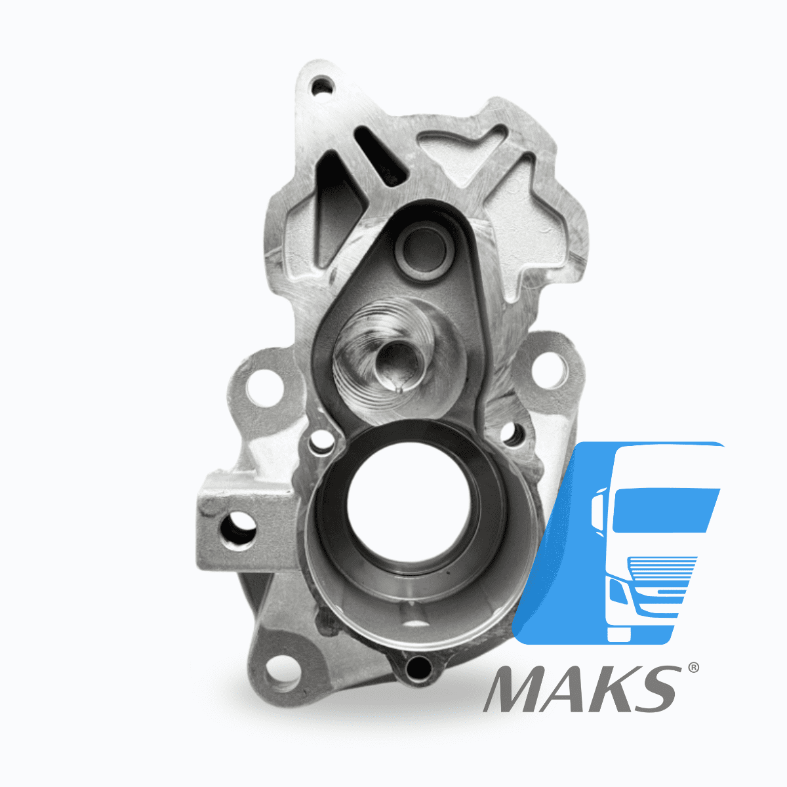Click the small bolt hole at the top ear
tap(322, 86)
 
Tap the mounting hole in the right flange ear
tap(550, 371)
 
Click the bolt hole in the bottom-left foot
tap(284, 674)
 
